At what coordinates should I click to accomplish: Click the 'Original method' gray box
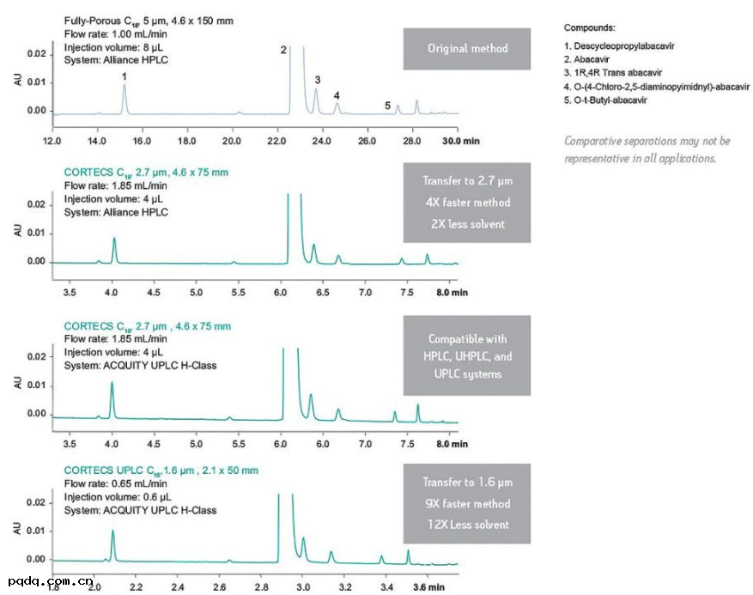coord(468,49)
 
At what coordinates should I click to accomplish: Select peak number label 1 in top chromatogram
coord(124,77)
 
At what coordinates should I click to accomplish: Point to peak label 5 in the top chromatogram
coord(387,106)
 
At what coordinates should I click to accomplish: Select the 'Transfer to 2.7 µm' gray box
coord(467,203)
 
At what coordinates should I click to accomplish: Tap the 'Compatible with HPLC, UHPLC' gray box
coord(467,356)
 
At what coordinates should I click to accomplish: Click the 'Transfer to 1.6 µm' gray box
coord(467,504)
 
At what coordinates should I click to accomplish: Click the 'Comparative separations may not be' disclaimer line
coord(647,142)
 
